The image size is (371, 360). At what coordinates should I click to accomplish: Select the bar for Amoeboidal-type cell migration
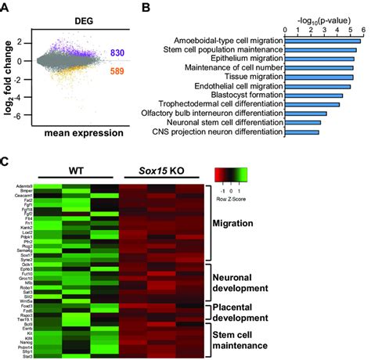(322, 40)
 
